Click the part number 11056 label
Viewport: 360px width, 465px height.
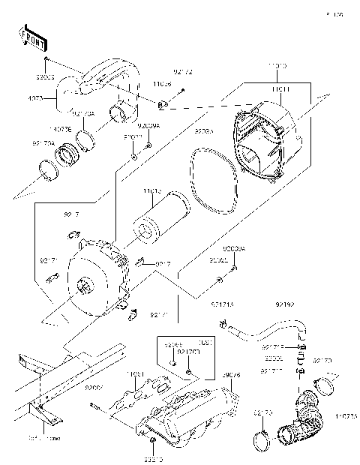point(163,85)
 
